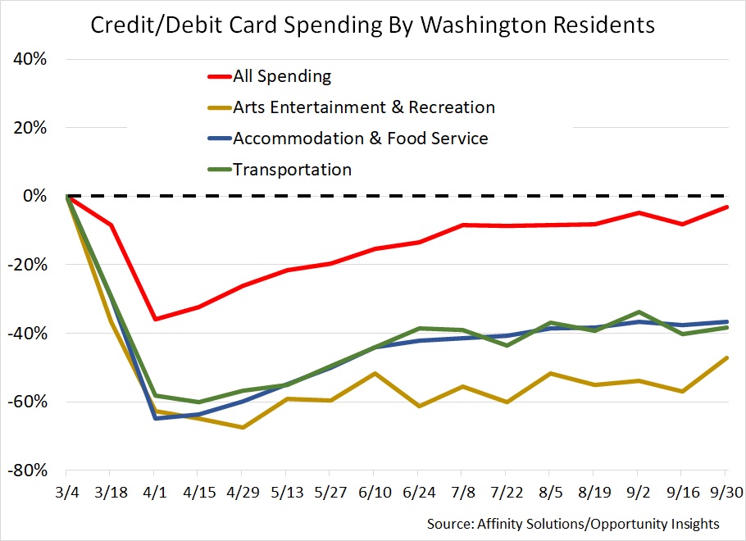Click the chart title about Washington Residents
tap(372, 25)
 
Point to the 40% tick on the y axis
tap(30, 59)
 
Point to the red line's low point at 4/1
tap(154, 319)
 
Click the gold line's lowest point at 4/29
tap(242, 427)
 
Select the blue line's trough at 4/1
tap(154, 418)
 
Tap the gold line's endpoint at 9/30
tap(726, 358)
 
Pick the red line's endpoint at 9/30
tap(726, 207)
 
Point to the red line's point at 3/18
tap(111, 225)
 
